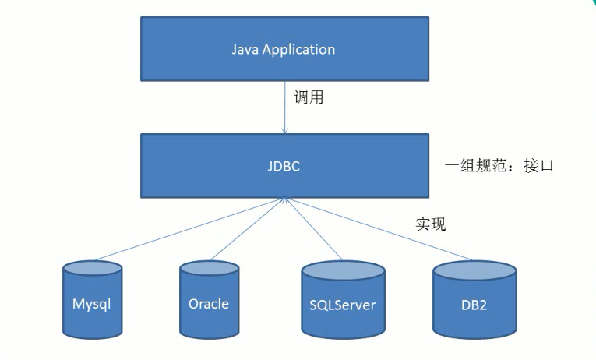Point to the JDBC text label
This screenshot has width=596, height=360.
point(284,166)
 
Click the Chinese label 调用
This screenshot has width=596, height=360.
point(308,98)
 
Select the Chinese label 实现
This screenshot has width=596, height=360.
point(430,224)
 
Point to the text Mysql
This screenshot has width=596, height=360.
point(92,304)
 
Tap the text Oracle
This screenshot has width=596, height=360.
point(209,303)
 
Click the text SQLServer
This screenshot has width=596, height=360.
point(343,304)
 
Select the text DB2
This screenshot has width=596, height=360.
point(474,304)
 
